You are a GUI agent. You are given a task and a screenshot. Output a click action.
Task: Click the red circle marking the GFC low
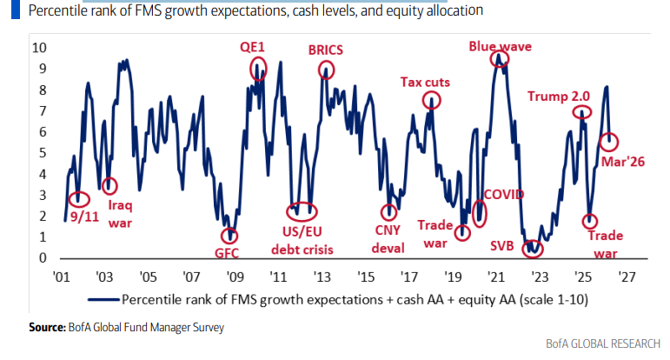coord(229,236)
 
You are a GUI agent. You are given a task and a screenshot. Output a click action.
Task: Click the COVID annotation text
coord(504,193)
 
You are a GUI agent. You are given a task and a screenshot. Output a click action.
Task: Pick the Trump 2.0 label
coord(558,96)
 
